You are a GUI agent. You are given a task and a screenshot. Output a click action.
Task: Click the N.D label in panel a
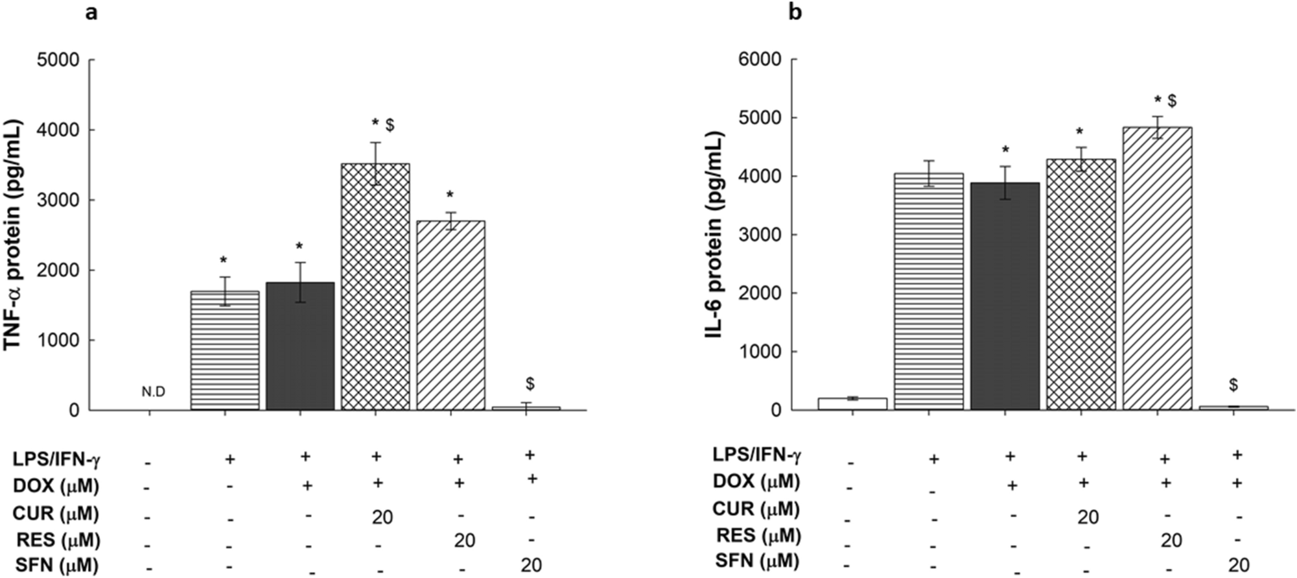tap(153, 392)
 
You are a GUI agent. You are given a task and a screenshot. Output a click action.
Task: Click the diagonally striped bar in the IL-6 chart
tap(1157, 269)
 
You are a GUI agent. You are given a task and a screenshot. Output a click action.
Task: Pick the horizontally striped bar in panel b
tap(929, 291)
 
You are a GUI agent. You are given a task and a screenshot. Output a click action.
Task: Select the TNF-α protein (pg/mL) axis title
tap(14, 235)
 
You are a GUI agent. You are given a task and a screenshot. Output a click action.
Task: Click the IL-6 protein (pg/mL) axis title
tap(714, 235)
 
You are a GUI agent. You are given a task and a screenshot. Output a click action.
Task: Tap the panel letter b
tap(795, 12)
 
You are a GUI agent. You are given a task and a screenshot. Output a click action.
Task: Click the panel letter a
tap(92, 12)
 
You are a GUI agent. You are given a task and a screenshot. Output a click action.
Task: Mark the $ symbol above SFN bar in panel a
tap(530, 384)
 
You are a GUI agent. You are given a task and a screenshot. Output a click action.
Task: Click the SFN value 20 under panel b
tap(1239, 565)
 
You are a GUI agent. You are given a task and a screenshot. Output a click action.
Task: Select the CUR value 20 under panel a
tap(382, 517)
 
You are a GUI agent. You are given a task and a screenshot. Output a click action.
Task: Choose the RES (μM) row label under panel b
tap(758, 536)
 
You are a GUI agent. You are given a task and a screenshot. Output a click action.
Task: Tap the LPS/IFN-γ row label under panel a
tap(56, 459)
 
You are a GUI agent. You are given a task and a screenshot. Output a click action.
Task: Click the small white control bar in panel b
tap(852, 403)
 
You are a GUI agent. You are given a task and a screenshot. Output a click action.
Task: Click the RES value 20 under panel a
tap(464, 540)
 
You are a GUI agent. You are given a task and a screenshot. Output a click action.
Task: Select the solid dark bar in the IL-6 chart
tap(1005, 296)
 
